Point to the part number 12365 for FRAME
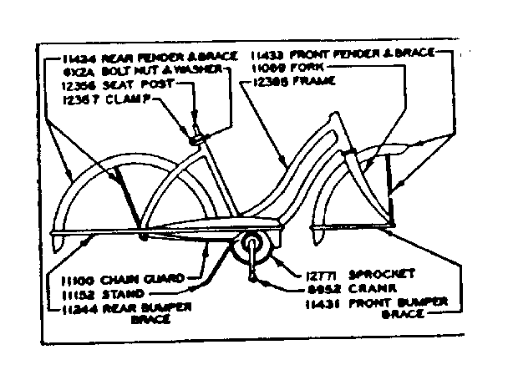(267, 82)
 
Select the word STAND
(121, 294)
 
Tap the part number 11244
(79, 307)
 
